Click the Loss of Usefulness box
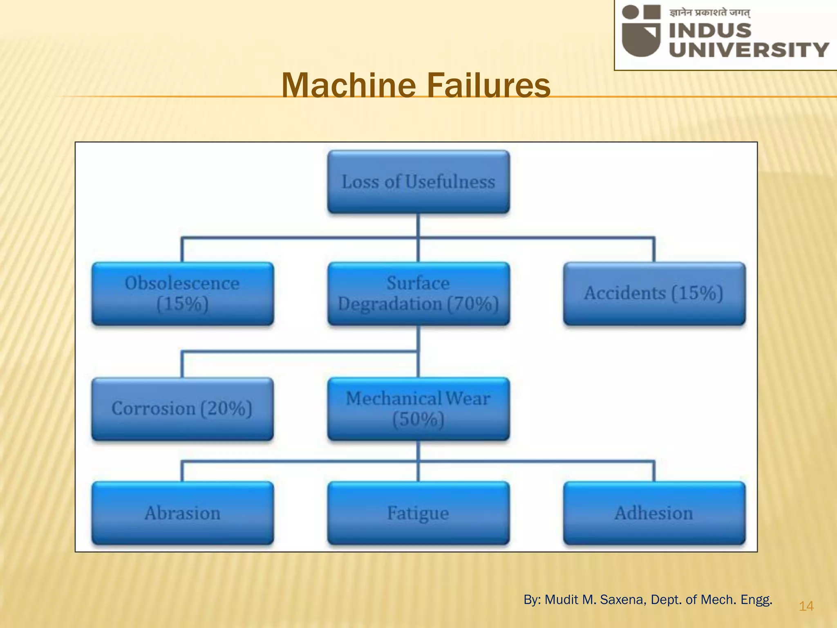pyautogui.click(x=418, y=182)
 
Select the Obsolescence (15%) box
pyautogui.click(x=182, y=294)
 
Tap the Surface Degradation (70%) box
pyautogui.click(x=418, y=294)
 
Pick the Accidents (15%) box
pyautogui.click(x=654, y=294)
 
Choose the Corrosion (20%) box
pyautogui.click(x=182, y=408)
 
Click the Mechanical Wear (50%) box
pyautogui.click(x=418, y=408)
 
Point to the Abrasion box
pyautogui.click(x=182, y=513)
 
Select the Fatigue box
pyautogui.click(x=418, y=513)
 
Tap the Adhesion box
pyautogui.click(x=654, y=513)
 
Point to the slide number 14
pyautogui.click(x=806, y=606)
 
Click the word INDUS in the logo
pyautogui.click(x=710, y=31)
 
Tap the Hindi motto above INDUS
pyautogui.click(x=709, y=13)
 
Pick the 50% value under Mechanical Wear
pyautogui.click(x=418, y=419)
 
